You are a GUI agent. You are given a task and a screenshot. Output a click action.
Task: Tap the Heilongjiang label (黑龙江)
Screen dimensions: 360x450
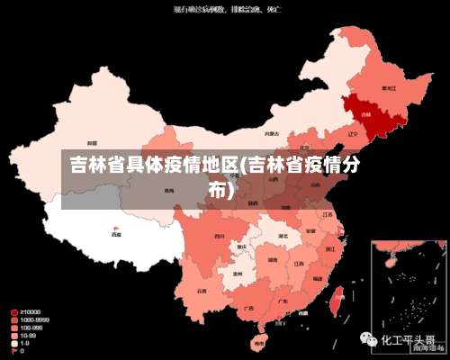[x=389, y=88]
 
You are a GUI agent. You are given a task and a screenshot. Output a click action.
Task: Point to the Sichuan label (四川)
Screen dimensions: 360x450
[x=219, y=236]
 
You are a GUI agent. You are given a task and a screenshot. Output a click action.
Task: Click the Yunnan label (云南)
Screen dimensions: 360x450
[x=202, y=291]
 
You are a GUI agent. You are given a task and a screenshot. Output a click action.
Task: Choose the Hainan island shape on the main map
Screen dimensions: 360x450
[x=259, y=342]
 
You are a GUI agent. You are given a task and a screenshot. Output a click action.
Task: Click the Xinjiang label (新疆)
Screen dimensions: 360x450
[x=92, y=143]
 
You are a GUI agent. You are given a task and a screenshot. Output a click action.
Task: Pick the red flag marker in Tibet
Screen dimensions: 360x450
[x=116, y=228]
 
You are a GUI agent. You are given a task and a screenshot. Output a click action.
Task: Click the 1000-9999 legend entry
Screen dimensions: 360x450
[x=33, y=319]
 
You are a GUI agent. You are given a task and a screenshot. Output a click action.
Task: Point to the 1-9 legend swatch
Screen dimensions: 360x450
[x=14, y=343]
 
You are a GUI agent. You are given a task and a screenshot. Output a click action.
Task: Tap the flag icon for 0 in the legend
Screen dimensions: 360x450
[x=14, y=351]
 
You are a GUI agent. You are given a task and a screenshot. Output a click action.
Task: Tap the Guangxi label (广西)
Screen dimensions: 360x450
[x=248, y=309]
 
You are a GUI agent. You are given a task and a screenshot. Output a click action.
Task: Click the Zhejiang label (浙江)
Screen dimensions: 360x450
[x=331, y=247]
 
